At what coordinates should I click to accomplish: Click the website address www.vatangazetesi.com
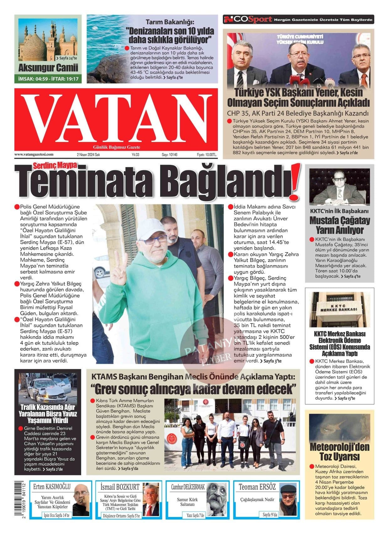(x=34, y=155)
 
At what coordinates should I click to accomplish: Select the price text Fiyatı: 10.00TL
(x=207, y=155)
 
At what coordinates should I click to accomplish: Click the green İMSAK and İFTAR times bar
(x=48, y=79)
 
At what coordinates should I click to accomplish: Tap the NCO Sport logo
(x=248, y=19)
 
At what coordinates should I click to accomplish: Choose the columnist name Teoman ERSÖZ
(x=257, y=487)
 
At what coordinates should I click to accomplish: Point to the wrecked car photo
(x=48, y=388)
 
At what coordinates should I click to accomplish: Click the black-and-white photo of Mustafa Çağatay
(x=339, y=186)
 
